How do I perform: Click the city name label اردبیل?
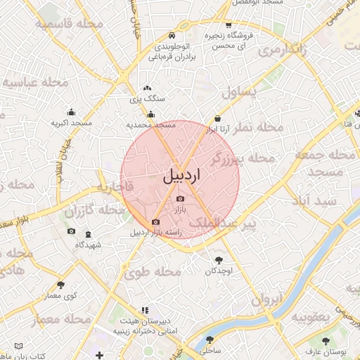(181, 175)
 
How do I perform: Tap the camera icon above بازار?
(180, 199)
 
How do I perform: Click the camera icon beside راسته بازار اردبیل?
(156, 222)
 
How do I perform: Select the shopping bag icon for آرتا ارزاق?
(217, 118)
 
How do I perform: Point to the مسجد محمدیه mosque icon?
(150, 114)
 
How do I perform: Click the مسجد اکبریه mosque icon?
(71, 112)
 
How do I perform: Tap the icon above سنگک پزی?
(147, 89)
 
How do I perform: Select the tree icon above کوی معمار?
(60, 285)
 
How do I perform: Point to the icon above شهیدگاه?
(88, 234)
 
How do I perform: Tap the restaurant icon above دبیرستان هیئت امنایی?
(145, 309)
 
